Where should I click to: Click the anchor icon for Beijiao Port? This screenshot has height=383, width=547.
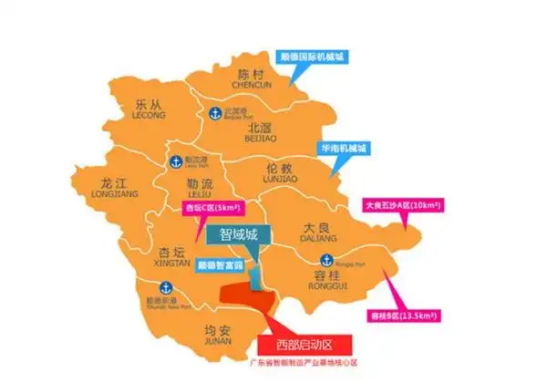(x=216, y=113)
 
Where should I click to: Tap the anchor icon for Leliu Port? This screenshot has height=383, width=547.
(x=176, y=160)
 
